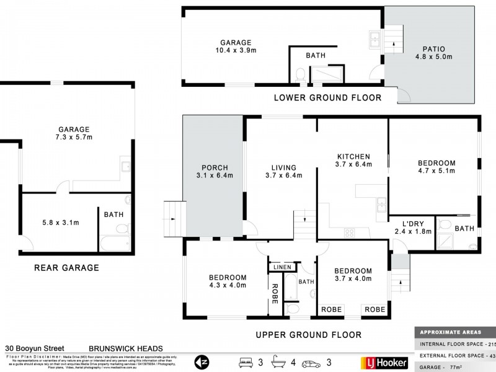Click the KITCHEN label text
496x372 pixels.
pyautogui.click(x=353, y=156)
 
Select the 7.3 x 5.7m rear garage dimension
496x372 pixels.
pyautogui.click(x=74, y=139)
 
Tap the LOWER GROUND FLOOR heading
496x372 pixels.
pyautogui.click(x=327, y=98)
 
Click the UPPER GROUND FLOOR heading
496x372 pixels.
pyautogui.click(x=309, y=335)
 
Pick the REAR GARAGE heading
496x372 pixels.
pyautogui.click(x=67, y=268)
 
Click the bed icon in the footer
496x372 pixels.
pyautogui.click(x=246, y=361)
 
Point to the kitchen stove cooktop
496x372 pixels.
pyautogui.click(x=349, y=233)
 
